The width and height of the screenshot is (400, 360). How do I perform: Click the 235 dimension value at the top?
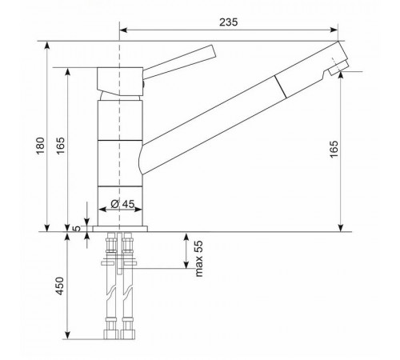coord(228,22)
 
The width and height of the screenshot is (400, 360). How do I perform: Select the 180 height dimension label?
coord(41,146)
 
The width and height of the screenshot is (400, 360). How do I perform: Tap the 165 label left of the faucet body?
coord(61,146)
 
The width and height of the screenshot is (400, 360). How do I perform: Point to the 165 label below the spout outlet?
coord(334,149)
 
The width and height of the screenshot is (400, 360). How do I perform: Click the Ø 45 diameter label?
coord(122,204)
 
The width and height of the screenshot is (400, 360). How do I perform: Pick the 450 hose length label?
coord(60,286)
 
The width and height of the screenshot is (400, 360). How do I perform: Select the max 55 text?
coord(199,258)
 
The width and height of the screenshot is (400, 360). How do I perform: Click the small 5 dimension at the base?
coord(77,229)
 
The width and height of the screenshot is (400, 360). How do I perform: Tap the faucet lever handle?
coord(180,62)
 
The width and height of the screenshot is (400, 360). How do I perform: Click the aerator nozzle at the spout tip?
coord(338,68)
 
